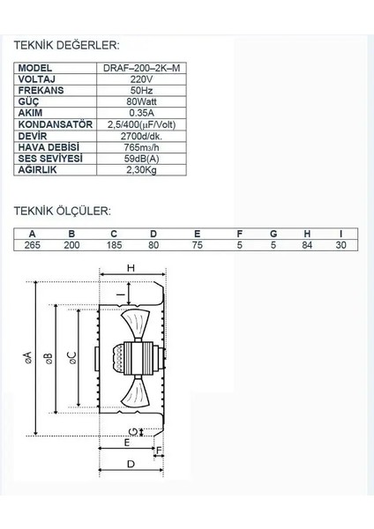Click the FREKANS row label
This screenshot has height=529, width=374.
pyautogui.click(x=38, y=89)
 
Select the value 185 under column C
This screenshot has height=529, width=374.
pyautogui.click(x=113, y=245)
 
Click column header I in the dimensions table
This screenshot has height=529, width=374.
pyautogui.click(x=341, y=234)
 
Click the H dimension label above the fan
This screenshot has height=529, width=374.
pyautogui.click(x=130, y=267)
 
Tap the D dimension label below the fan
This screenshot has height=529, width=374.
pyautogui.click(x=130, y=488)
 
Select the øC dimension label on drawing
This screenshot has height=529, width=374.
pyautogui.click(x=72, y=356)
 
